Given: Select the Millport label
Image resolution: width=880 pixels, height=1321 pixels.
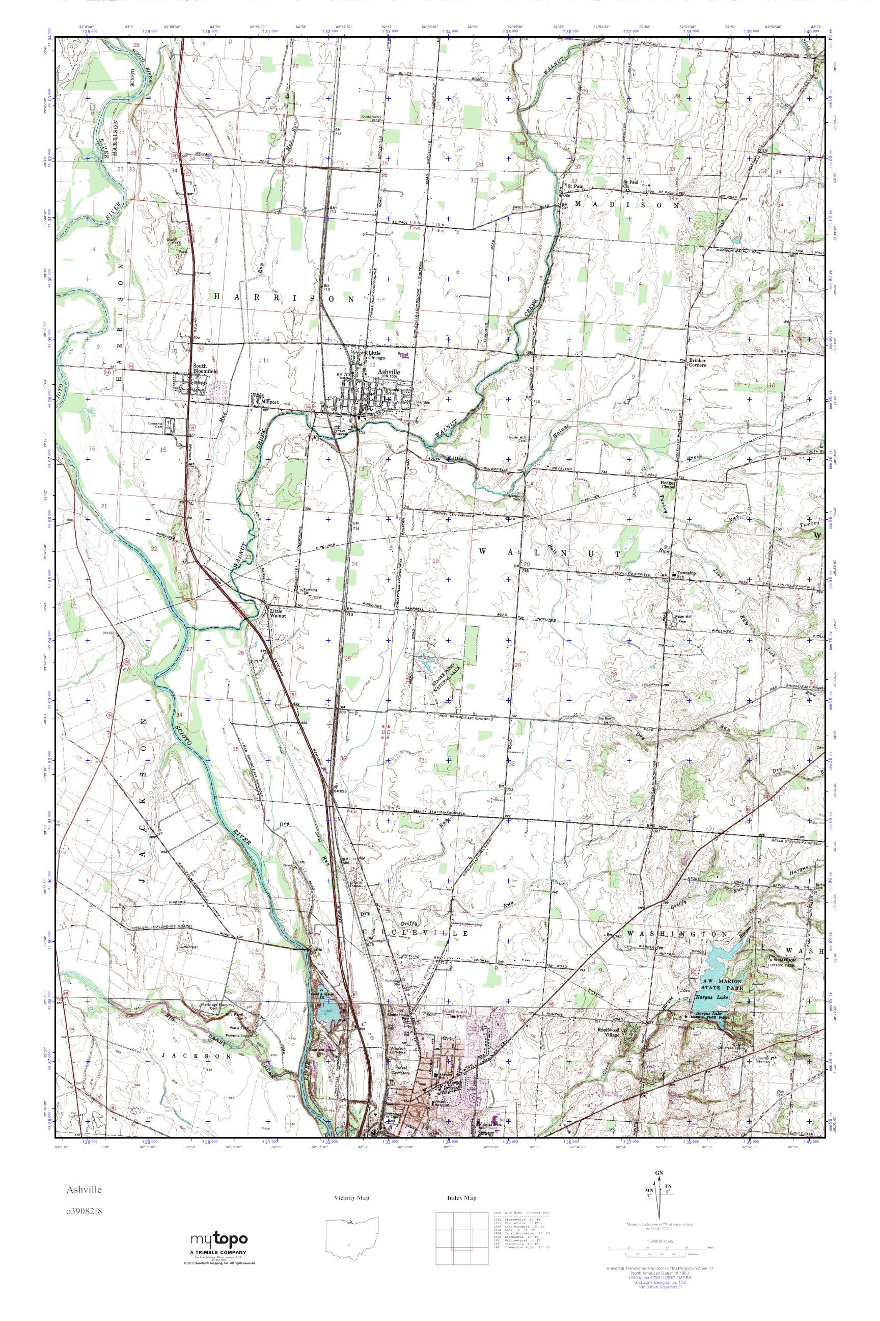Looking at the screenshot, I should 269,402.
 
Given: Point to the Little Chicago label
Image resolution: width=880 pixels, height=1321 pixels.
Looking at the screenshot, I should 375,356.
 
